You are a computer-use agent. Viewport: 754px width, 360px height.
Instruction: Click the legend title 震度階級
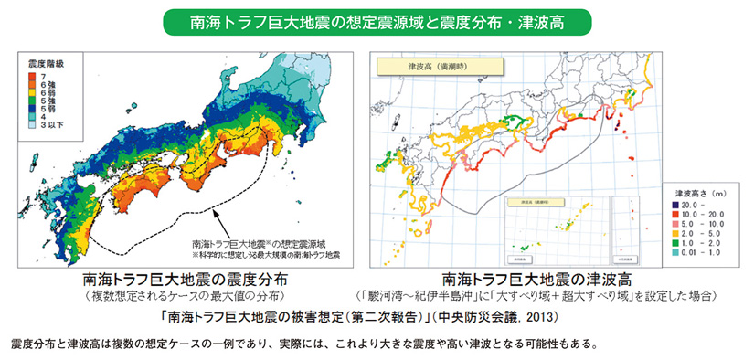tap(45, 64)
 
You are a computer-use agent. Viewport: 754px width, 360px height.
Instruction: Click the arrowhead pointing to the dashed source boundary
tap(216, 213)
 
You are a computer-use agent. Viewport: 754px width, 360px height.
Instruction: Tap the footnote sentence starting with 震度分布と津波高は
tap(303, 345)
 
